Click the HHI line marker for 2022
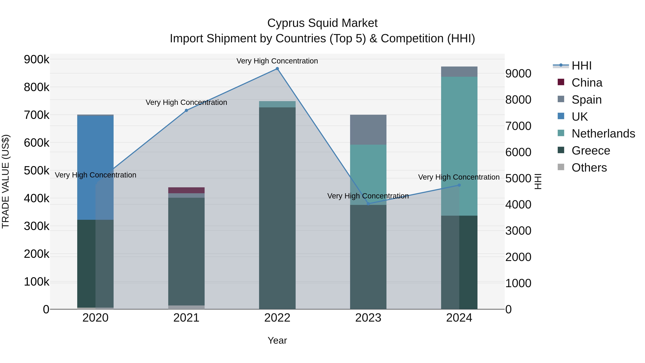[277, 69]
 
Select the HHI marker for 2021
[186, 110]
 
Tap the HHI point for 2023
[368, 204]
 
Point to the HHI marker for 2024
[459, 185]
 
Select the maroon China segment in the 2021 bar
[186, 190]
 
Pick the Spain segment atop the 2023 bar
[368, 130]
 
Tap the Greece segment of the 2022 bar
[277, 208]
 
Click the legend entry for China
[586, 83]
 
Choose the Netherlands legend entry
[603, 134]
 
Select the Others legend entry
[589, 168]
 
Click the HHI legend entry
[581, 66]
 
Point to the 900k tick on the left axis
[37, 60]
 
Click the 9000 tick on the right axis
[518, 74]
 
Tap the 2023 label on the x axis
[368, 318]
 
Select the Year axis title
[277, 340]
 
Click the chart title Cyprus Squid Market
[322, 23]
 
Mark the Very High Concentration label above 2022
[277, 61]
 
